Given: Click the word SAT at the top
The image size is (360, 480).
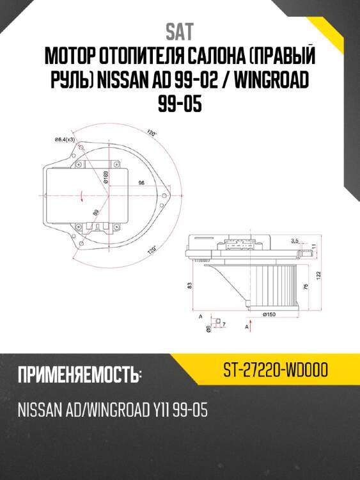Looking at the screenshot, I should [180, 31].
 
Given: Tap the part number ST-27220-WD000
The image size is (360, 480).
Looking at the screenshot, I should [276, 371].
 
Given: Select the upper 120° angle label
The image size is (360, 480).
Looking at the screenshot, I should [152, 134].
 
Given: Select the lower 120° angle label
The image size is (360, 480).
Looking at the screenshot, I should [152, 250].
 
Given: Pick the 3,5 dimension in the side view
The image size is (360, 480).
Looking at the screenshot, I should [294, 241].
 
